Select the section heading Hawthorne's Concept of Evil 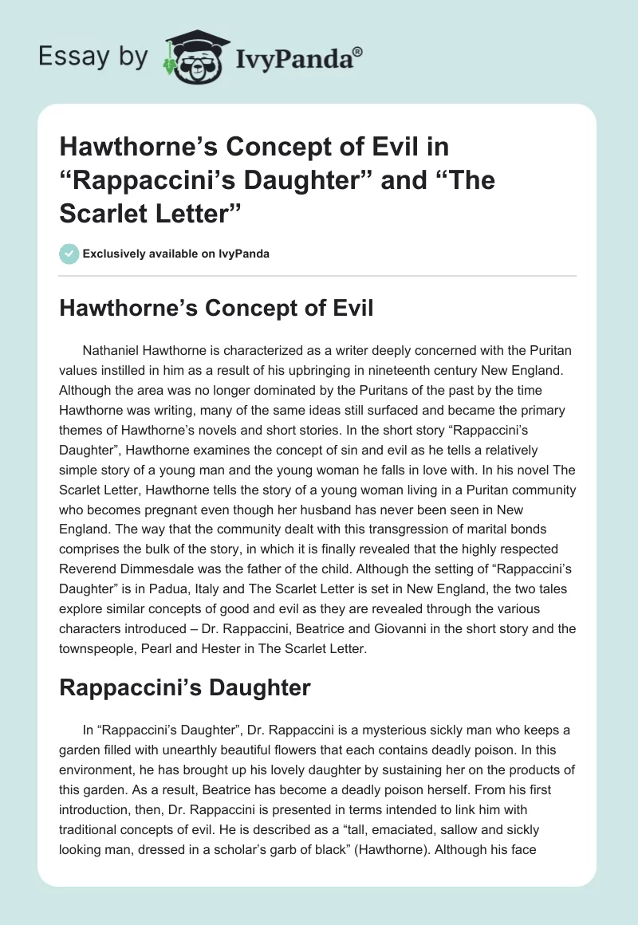(216, 309)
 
